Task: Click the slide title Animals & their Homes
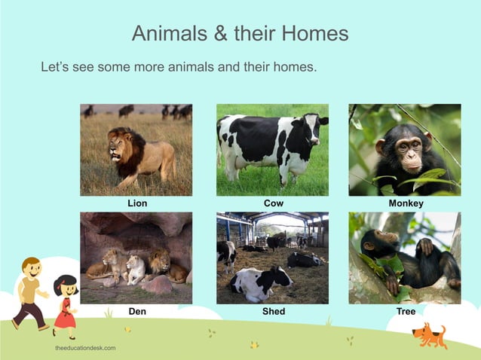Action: (240, 33)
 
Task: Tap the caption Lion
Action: (137, 203)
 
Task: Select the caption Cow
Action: (273, 203)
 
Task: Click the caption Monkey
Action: (406, 203)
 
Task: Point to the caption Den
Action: (137, 311)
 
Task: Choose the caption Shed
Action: (273, 311)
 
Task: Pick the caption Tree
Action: (406, 311)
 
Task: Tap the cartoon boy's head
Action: (31, 267)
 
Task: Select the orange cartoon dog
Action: (431, 334)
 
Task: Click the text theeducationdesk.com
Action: (85, 348)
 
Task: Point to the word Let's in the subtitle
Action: (55, 68)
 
